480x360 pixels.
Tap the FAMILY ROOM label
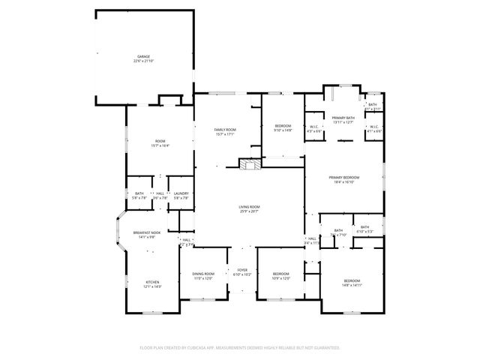click(x=225, y=130)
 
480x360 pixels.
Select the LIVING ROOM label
click(x=249, y=206)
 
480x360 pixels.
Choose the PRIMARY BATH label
click(x=343, y=118)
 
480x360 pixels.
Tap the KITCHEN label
click(x=152, y=282)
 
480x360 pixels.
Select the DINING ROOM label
click(x=202, y=274)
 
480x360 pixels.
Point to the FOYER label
click(x=242, y=270)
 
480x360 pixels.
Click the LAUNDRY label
click(x=181, y=193)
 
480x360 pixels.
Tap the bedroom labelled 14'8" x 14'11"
click(x=352, y=280)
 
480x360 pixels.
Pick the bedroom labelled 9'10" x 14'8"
click(x=283, y=125)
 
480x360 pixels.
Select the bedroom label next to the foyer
click(x=280, y=274)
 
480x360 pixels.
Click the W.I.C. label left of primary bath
click(x=313, y=127)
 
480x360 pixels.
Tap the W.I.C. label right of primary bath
click(x=373, y=127)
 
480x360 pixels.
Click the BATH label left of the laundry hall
click(x=139, y=193)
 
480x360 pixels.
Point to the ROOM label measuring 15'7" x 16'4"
click(x=160, y=142)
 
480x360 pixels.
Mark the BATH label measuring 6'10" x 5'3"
click(x=364, y=227)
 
